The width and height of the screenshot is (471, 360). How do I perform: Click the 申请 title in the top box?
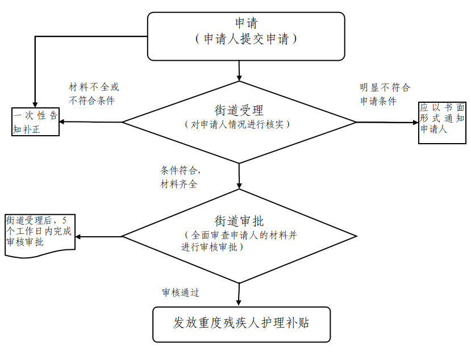click(246, 23)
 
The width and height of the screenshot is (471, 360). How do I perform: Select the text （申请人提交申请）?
click(246, 39)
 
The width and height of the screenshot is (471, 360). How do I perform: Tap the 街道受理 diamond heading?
click(239, 110)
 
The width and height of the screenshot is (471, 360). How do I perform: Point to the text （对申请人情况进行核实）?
click(239, 124)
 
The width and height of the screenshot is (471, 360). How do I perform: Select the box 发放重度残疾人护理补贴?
click(241, 324)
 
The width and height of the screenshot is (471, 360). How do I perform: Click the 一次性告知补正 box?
click(36, 122)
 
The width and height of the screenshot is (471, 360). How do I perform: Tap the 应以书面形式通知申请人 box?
click(442, 122)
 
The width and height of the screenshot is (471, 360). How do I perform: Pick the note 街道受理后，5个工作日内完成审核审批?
click(39, 235)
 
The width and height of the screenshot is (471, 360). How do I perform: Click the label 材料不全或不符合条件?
click(94, 94)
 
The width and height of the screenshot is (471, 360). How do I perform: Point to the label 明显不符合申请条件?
click(385, 94)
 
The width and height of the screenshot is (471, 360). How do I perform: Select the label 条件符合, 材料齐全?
click(181, 177)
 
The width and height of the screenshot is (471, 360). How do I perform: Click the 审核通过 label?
click(180, 292)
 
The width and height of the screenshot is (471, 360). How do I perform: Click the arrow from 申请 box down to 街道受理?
click(240, 70)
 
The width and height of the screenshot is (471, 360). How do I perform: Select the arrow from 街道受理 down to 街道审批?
click(239, 176)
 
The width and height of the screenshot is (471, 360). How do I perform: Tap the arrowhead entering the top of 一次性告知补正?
click(36, 104)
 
